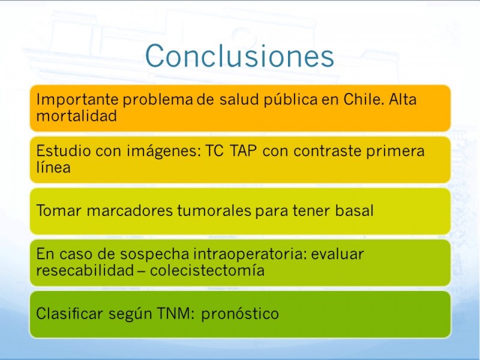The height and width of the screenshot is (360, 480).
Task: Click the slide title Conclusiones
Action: click(239, 56)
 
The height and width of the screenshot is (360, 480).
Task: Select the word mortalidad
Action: click(77, 116)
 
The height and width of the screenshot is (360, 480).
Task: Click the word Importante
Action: click(77, 100)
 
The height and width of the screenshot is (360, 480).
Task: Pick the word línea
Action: click(53, 167)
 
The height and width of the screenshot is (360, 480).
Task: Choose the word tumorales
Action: click(214, 211)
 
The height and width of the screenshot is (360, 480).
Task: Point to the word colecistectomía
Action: click(207, 271)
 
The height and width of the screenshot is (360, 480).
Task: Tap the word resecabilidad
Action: click(85, 271)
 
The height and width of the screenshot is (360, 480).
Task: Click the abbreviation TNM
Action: click(176, 313)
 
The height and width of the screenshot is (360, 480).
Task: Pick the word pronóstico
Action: click(240, 314)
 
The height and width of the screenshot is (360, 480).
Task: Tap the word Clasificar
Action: click(70, 313)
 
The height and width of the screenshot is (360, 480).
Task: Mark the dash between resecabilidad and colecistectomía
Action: click(142, 271)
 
